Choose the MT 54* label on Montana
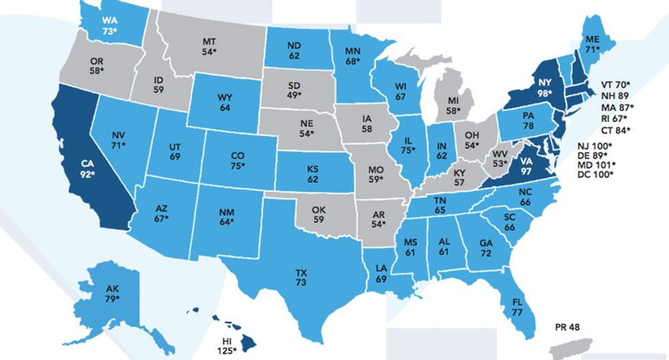pos(210,46)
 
